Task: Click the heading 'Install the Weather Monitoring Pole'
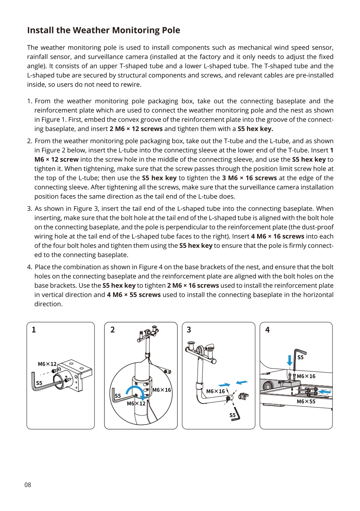(x=103, y=30)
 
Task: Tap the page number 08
(x=28, y=485)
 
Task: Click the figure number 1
(x=34, y=330)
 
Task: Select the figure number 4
(x=267, y=330)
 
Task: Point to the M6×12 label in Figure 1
(x=47, y=364)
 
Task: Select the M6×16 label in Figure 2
(x=161, y=390)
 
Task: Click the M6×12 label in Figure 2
(x=136, y=404)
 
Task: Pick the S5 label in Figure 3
(x=232, y=415)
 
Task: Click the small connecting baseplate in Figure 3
(x=244, y=396)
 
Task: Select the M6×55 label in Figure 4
(x=306, y=401)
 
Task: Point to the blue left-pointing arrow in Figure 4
(x=325, y=391)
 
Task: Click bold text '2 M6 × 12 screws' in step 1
(x=136, y=129)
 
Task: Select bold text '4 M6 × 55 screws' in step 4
(x=134, y=295)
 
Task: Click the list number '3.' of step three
(x=30, y=209)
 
